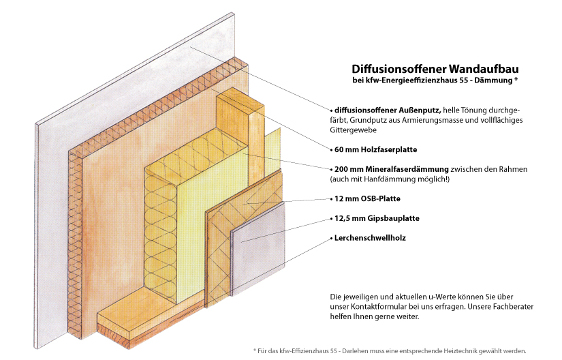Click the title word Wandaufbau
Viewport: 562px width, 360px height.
(484, 68)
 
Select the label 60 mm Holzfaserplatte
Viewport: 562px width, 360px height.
(375, 149)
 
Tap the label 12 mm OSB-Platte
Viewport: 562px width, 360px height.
(367, 198)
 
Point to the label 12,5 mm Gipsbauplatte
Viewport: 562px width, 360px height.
(377, 218)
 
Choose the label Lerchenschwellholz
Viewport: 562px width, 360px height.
(370, 238)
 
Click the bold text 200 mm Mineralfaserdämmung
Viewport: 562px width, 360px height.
(392, 169)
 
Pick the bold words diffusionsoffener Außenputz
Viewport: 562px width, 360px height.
(388, 110)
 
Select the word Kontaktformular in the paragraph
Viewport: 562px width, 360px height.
(379, 307)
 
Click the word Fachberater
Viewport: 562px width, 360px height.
(513, 307)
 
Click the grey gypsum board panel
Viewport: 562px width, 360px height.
(258, 247)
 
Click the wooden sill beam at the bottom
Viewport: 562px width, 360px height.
(151, 319)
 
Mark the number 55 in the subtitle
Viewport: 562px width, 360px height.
(464, 80)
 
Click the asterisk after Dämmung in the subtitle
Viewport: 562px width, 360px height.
(516, 79)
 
